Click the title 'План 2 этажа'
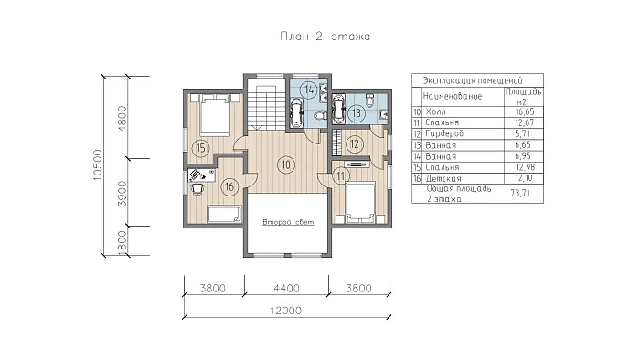(x=325, y=37)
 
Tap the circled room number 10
(x=285, y=164)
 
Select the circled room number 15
(x=201, y=148)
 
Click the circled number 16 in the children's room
(x=229, y=186)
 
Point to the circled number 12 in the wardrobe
(x=355, y=143)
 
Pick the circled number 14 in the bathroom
(x=309, y=90)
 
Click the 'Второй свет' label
(x=288, y=222)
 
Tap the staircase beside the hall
(x=265, y=108)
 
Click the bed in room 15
(x=215, y=114)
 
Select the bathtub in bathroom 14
(x=296, y=113)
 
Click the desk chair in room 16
(x=197, y=189)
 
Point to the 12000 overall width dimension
(x=285, y=311)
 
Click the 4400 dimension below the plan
(x=286, y=288)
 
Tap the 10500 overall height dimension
(x=97, y=165)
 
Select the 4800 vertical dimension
(x=122, y=119)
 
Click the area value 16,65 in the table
(x=525, y=111)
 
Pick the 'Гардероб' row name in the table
(x=444, y=133)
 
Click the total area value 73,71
(x=520, y=193)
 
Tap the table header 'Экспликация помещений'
(x=473, y=80)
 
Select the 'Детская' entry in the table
(x=443, y=178)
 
